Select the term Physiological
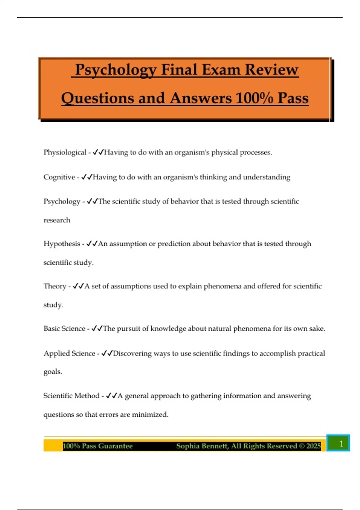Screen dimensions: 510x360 pyautogui.click(x=65, y=152)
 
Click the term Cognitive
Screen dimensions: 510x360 pyautogui.click(x=59, y=177)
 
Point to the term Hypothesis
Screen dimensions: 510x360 pyautogui.click(x=62, y=244)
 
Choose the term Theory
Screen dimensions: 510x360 pyautogui.click(x=55, y=286)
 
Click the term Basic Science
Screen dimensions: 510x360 pyautogui.click(x=64, y=328)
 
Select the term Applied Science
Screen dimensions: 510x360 pyautogui.click(x=69, y=353)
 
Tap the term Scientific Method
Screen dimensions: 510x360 pyautogui.click(x=71, y=396)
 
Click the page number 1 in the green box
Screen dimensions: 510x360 pyautogui.click(x=341, y=443)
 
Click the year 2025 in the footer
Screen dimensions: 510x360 pyautogui.click(x=313, y=446)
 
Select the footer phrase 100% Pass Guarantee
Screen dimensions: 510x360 pyautogui.click(x=97, y=446)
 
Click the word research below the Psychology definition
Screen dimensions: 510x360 pyautogui.click(x=57, y=220)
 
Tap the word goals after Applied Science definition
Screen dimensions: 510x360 pyautogui.click(x=52, y=372)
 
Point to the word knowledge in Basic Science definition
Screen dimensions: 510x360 pyautogui.click(x=168, y=328)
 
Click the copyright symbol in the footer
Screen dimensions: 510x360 pyautogui.click(x=301, y=446)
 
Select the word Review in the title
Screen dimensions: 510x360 pyautogui.click(x=271, y=70)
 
